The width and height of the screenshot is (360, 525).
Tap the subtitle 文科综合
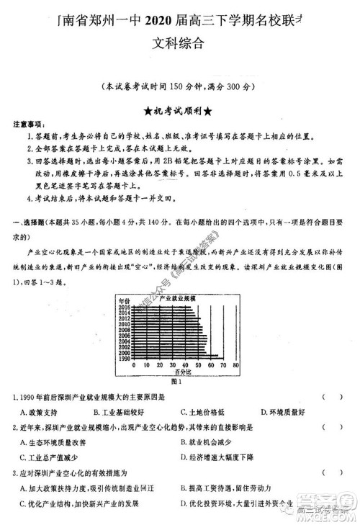tap(179, 42)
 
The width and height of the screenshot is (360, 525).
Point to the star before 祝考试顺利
tap(148, 111)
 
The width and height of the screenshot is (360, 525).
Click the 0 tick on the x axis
tap(135, 365)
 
